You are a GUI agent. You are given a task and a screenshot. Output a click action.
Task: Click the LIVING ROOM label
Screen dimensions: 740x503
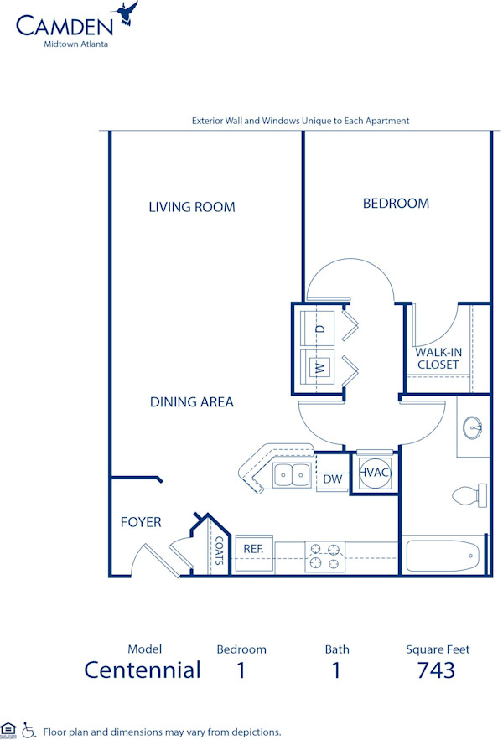[x=192, y=207]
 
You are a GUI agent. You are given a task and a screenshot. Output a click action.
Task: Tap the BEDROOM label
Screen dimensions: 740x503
[x=396, y=203]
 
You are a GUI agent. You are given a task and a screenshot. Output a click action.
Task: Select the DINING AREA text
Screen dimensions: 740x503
[x=192, y=402]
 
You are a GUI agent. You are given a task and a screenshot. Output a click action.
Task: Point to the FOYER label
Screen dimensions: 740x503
[x=141, y=522]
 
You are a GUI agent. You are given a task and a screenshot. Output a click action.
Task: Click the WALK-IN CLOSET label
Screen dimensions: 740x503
[x=438, y=359]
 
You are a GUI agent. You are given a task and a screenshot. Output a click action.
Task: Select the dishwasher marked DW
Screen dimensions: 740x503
[x=332, y=479]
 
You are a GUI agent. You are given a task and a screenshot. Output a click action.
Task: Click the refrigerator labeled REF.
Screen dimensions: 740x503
[x=254, y=549]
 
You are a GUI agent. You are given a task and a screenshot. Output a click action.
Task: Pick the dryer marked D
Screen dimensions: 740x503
[x=319, y=328]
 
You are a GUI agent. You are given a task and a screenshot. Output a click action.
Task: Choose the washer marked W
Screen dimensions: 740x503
[x=319, y=367]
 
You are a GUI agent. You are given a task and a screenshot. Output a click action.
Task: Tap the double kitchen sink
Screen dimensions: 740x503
[x=293, y=475]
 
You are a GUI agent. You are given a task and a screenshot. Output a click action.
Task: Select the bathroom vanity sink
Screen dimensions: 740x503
[x=474, y=428]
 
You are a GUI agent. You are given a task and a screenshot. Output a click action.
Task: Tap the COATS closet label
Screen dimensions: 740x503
[x=219, y=551]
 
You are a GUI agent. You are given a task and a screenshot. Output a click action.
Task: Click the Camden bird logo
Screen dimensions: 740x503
[x=128, y=13]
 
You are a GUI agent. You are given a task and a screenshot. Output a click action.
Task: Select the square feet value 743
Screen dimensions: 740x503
[x=437, y=670]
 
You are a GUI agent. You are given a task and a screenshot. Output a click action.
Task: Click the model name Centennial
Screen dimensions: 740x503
[x=143, y=670]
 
